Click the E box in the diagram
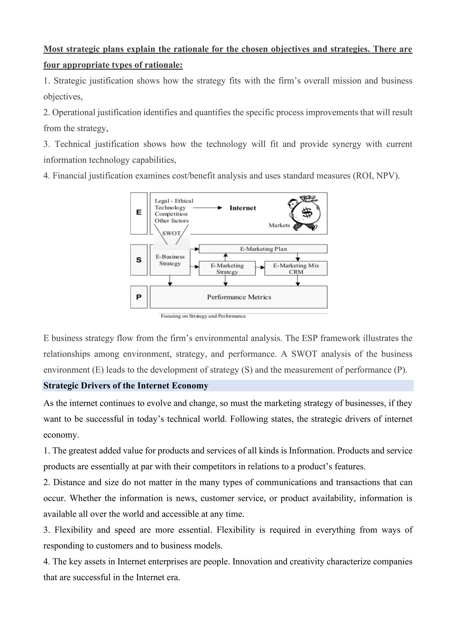139,213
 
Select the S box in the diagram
139,260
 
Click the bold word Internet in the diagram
243,208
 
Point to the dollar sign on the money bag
307,213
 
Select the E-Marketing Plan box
263,249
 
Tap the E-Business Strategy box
170,260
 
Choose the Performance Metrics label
239,297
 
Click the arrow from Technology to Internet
208,208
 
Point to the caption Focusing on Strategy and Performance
203,316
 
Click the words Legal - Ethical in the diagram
174,201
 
